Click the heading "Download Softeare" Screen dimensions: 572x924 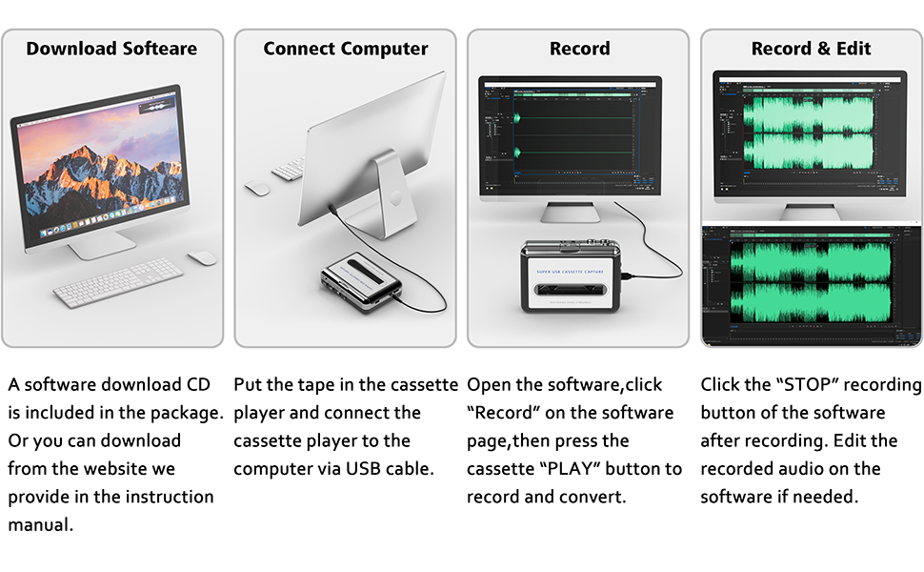click(x=112, y=49)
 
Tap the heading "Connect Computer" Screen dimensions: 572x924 click(x=346, y=49)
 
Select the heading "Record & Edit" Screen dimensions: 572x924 click(x=811, y=49)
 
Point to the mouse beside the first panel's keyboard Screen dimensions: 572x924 click(x=202, y=257)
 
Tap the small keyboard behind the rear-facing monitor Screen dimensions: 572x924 click(x=289, y=171)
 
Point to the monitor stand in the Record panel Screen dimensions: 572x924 click(x=576, y=212)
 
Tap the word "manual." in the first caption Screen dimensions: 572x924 click(x=40, y=524)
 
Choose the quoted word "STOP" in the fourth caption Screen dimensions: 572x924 click(x=809, y=385)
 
